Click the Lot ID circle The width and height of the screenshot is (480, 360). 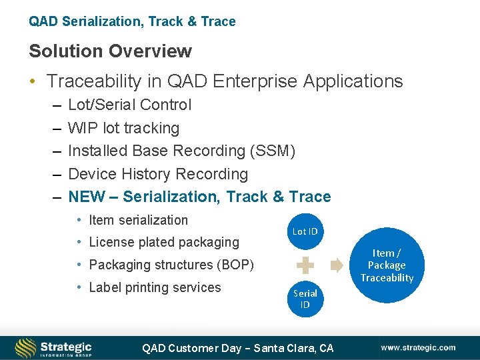[x=305, y=231]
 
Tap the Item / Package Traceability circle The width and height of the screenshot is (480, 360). [x=387, y=265]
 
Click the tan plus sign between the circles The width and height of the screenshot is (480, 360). [x=305, y=265]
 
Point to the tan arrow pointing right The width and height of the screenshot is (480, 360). [x=336, y=265]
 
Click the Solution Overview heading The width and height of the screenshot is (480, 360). [x=110, y=51]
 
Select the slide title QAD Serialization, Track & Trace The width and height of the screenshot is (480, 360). [x=132, y=21]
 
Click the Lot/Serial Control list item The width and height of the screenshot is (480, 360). [x=129, y=105]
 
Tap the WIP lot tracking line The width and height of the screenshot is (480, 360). [x=123, y=128]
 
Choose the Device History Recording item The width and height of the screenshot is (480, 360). [x=157, y=174]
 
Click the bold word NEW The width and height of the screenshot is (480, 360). [x=87, y=197]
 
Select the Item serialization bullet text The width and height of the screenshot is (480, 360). [x=138, y=220]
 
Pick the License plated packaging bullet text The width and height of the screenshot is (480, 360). [x=163, y=243]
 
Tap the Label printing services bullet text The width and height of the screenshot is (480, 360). [x=155, y=287]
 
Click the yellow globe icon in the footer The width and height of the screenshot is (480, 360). [x=26, y=347]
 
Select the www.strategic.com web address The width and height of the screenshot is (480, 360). [x=418, y=347]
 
